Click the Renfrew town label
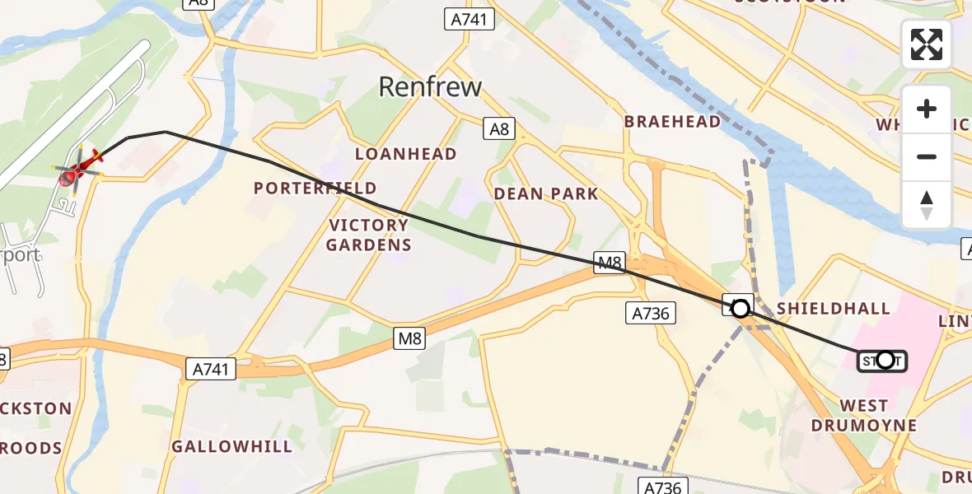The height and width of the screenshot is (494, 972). pos(430,86)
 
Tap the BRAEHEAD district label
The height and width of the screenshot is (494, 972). pos(672,122)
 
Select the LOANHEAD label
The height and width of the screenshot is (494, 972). pos(405,154)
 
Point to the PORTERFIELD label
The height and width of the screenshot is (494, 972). pos(315,189)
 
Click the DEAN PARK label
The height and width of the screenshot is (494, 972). pos(546,194)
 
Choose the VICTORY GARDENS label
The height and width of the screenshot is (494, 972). pos(368,235)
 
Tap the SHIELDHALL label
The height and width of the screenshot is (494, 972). pos(834,309)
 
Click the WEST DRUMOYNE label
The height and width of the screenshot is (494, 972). pos(863,416)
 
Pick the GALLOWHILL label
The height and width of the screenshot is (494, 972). pos(231,447)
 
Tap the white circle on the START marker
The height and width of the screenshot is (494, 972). pos(885,360)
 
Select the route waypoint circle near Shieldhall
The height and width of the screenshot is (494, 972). pos(741,308)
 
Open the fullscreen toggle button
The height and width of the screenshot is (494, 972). pos(926,44)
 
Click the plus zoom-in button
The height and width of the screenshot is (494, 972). pos(927,109)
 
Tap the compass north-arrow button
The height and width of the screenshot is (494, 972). pos(927,204)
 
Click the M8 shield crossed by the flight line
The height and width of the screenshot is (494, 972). pos(610,263)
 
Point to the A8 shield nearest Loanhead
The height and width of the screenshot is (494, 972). pos(499,128)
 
